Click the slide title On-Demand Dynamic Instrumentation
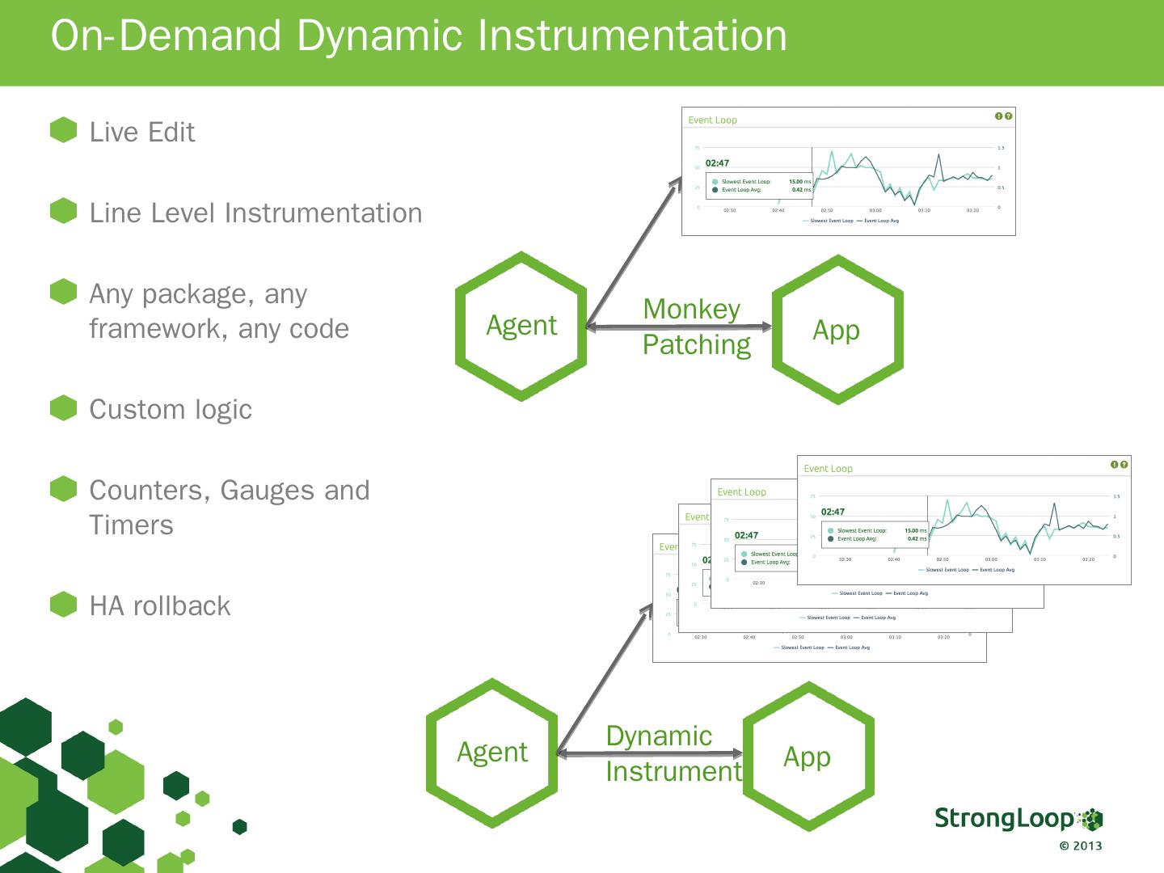pyautogui.click(x=419, y=36)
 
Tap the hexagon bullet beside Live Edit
pyautogui.click(x=63, y=130)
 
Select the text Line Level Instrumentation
pyautogui.click(x=255, y=213)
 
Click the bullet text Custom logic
pyautogui.click(x=171, y=410)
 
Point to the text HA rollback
pyautogui.click(x=160, y=606)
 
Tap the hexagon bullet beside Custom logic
pyautogui.click(x=63, y=408)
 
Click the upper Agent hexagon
pyautogui.click(x=521, y=326)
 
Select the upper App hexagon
pyautogui.click(x=837, y=330)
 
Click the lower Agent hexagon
pyautogui.click(x=492, y=753)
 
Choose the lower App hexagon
pyautogui.click(x=808, y=757)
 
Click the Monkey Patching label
pyautogui.click(x=696, y=327)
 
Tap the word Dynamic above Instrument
pyautogui.click(x=659, y=736)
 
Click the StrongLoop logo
pyautogui.click(x=1018, y=818)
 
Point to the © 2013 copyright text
pyautogui.click(x=1081, y=846)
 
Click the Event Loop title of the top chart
pyautogui.click(x=712, y=120)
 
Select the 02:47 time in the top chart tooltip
pyautogui.click(x=717, y=163)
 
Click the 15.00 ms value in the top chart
pyautogui.click(x=799, y=182)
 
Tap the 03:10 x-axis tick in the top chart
pyautogui.click(x=924, y=210)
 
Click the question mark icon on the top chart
pyautogui.click(x=1008, y=116)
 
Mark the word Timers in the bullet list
pyautogui.click(x=131, y=525)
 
